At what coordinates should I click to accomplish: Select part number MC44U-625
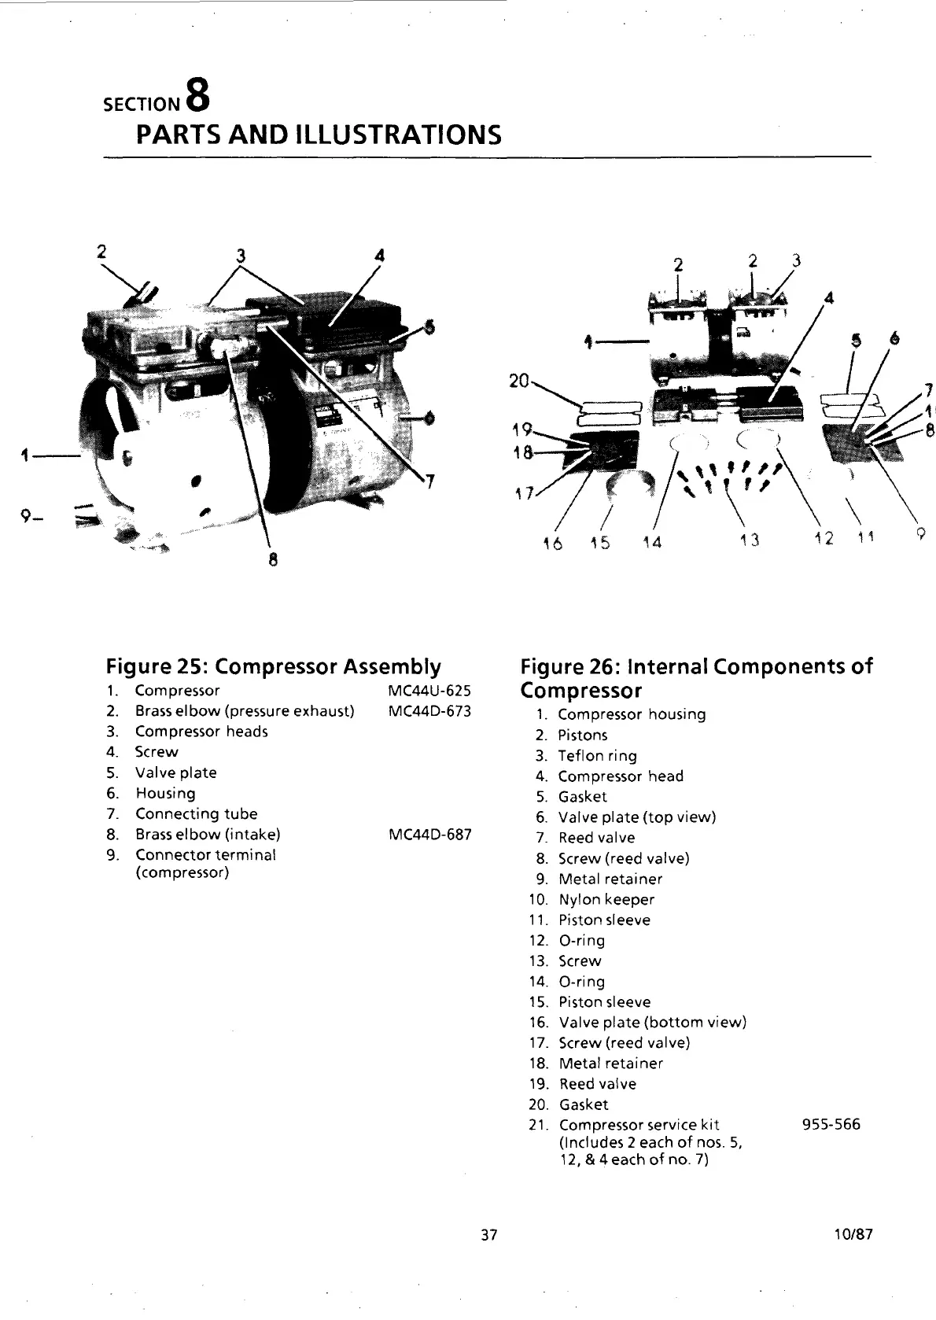tap(429, 691)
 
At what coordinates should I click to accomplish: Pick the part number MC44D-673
tap(429, 711)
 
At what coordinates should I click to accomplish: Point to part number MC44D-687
tap(429, 834)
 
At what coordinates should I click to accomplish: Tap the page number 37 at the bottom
tap(488, 1234)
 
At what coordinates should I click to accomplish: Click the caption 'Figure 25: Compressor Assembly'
tap(273, 667)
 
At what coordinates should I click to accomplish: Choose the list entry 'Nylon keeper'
tap(606, 899)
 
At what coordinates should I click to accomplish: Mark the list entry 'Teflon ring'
tap(597, 756)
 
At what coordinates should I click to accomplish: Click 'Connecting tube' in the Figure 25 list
tap(196, 813)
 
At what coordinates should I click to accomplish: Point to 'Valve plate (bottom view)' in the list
tap(652, 1022)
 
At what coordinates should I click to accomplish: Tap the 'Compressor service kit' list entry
tap(638, 1124)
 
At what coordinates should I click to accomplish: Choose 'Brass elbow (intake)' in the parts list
tap(208, 834)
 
